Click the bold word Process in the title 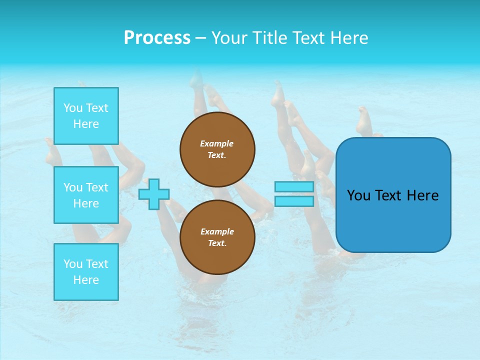[x=157, y=38]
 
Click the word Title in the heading [x=268, y=38]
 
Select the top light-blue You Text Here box [x=86, y=116]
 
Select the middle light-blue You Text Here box [x=86, y=195]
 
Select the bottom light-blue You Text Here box [x=86, y=272]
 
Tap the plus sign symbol [x=154, y=194]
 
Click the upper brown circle [x=217, y=149]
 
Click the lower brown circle [x=217, y=237]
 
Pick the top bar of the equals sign [x=294, y=187]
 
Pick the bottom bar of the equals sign [x=294, y=201]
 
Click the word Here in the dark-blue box [x=422, y=195]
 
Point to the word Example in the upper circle [x=217, y=143]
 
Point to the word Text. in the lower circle [x=217, y=243]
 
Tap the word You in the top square [x=73, y=108]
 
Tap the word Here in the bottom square [x=86, y=280]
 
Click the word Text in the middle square [x=97, y=187]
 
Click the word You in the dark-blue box [x=358, y=195]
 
